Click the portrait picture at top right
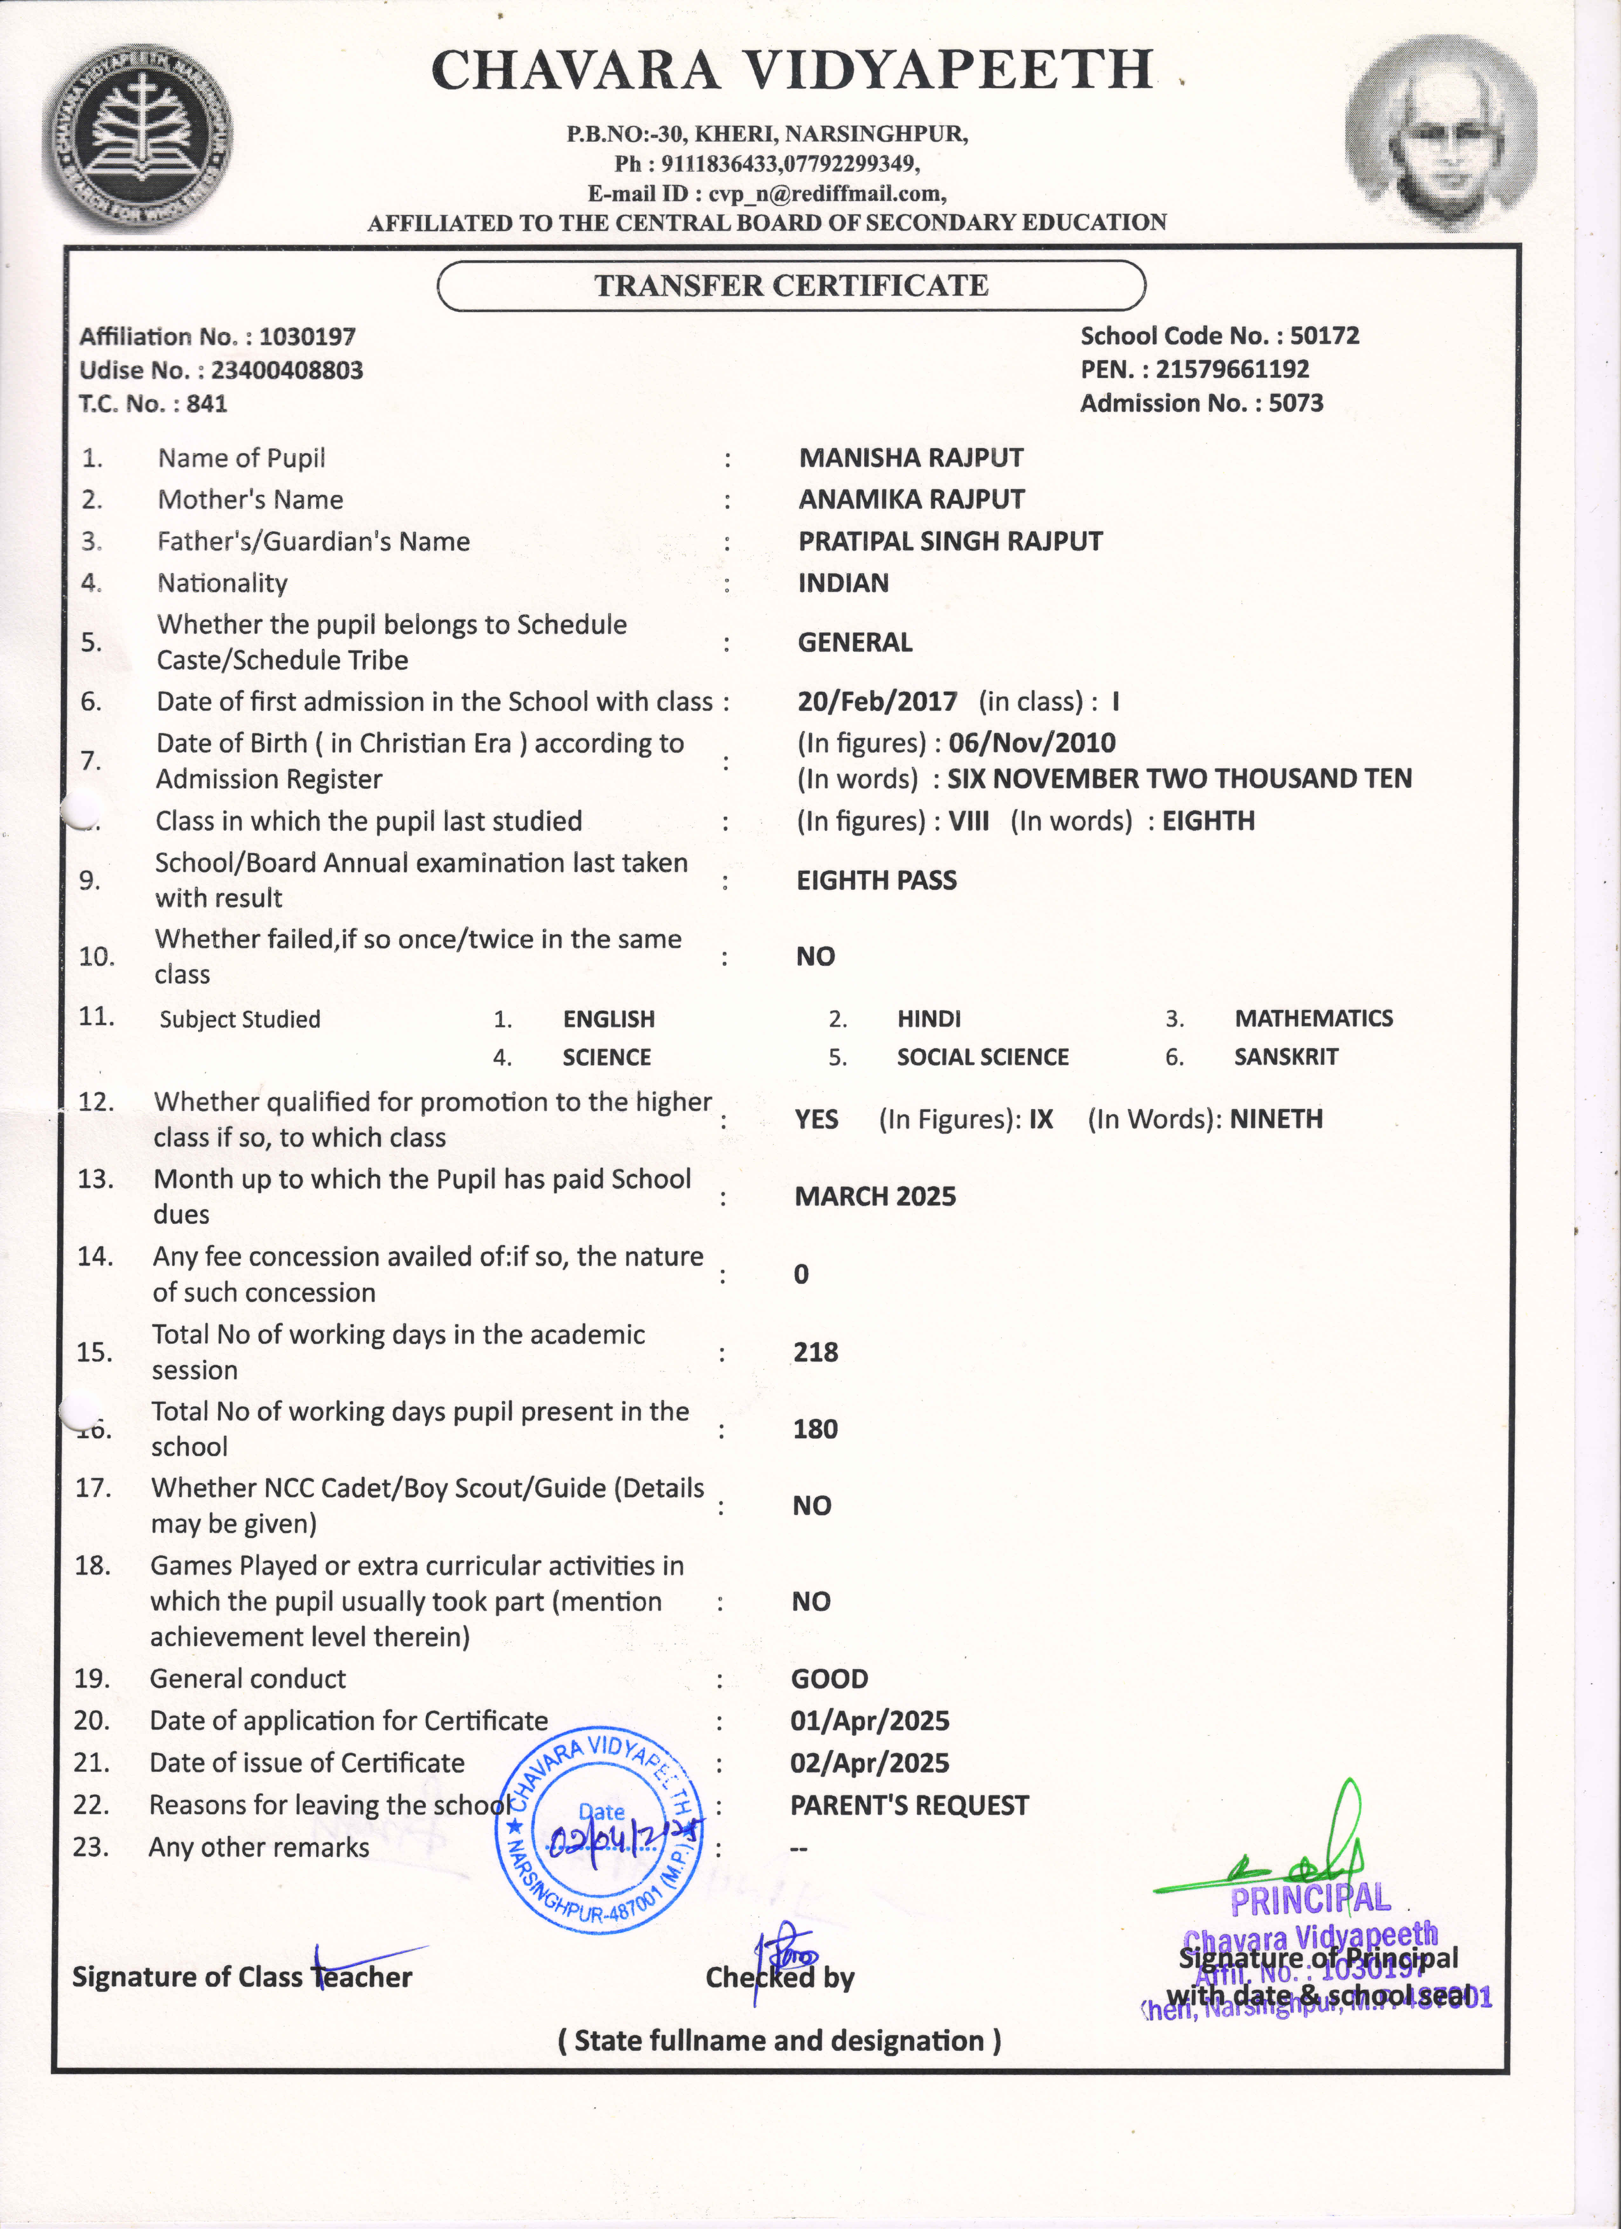point(1440,133)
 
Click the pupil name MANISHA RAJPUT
point(910,458)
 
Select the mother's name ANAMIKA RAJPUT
point(911,499)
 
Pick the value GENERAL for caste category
point(854,643)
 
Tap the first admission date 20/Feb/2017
point(877,702)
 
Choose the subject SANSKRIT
point(1286,1058)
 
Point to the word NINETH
point(1276,1119)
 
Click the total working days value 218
point(816,1352)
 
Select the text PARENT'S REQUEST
point(909,1805)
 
